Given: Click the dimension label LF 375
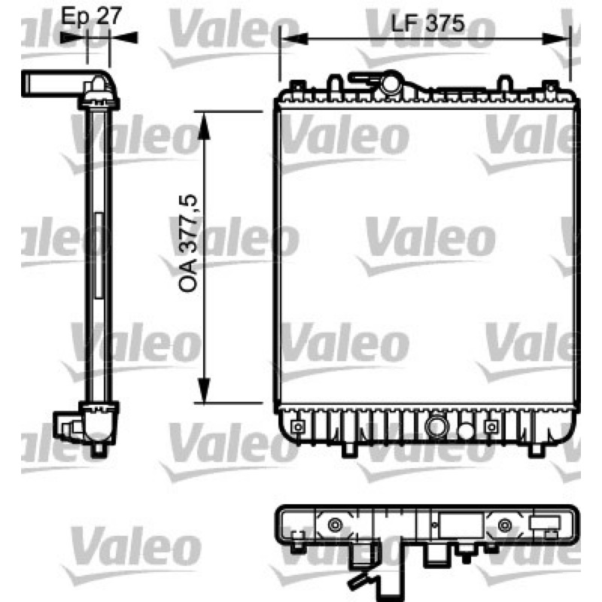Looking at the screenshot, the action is [427, 24].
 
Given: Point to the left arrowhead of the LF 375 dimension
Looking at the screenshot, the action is [295, 38].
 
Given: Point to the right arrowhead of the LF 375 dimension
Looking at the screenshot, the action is [555, 38].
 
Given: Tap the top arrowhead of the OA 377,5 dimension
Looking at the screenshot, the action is [204, 126].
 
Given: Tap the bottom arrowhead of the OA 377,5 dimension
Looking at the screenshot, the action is [204, 390].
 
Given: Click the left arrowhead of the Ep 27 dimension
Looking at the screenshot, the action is [74, 38].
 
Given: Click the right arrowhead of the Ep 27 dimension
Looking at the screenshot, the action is [123, 38].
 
